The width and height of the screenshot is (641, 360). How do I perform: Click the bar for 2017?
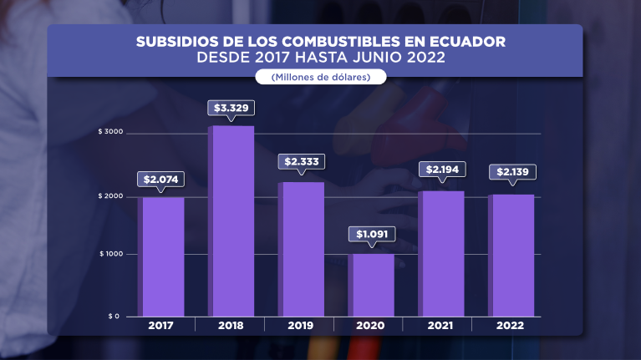pos(163,256)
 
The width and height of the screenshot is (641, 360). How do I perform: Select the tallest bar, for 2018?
pos(231,221)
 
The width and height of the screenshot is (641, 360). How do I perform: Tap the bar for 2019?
pos(301,249)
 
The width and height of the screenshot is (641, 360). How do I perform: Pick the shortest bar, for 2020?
pos(371,285)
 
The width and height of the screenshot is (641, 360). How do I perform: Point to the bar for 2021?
pos(441,253)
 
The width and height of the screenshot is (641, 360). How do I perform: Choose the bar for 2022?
pos(511,255)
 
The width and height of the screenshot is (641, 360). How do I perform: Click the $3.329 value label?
pos(231,108)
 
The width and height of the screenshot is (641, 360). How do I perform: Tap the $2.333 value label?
pos(301,161)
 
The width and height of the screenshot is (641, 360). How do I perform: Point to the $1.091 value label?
pos(371,234)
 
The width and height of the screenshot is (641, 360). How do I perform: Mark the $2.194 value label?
pos(442,170)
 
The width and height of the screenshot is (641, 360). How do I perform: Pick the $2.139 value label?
pos(512,172)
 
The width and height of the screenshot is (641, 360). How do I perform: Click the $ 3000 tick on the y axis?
pos(110,133)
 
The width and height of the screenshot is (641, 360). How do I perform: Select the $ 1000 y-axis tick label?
pos(110,254)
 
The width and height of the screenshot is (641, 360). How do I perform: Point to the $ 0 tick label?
pos(114,317)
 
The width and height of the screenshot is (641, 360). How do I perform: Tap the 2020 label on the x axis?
pos(371,325)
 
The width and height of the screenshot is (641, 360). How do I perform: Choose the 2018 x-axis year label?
pos(231,325)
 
